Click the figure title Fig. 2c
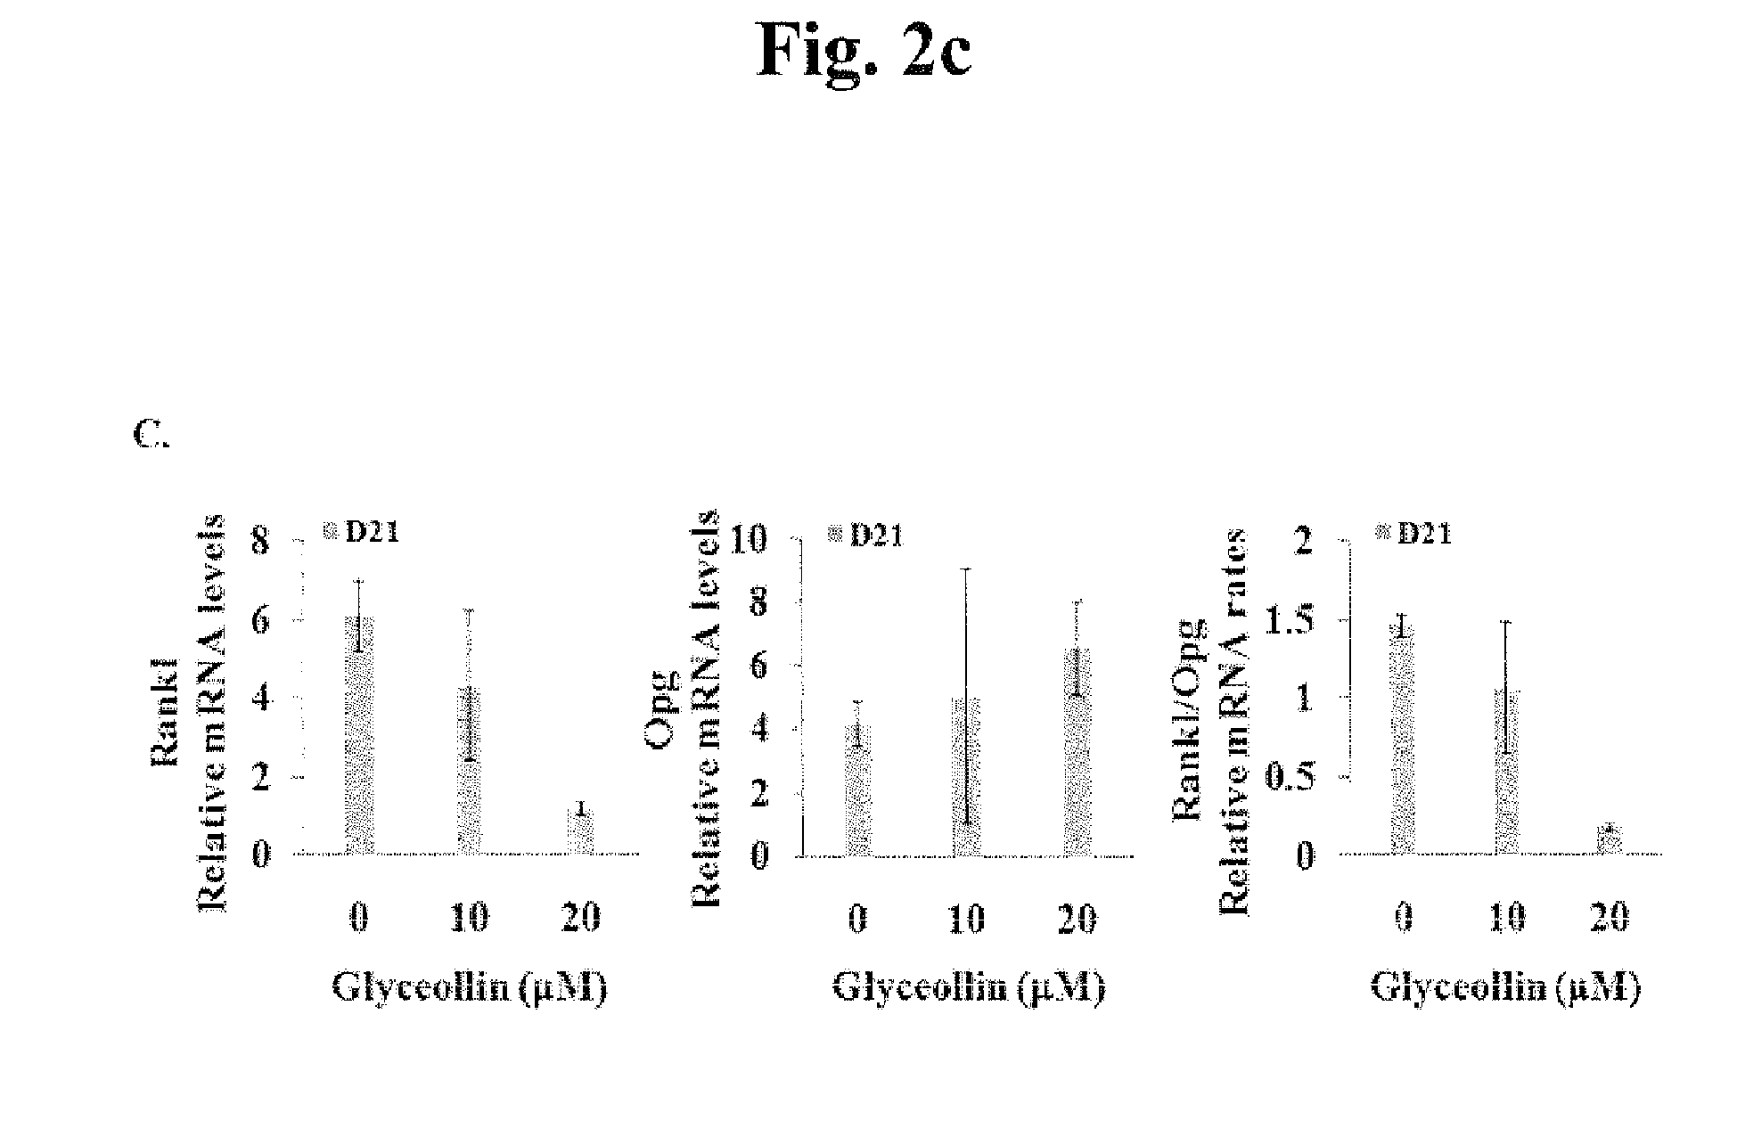[864, 51]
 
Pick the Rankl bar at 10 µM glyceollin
[469, 771]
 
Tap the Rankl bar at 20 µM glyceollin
[581, 831]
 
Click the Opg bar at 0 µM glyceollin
[858, 790]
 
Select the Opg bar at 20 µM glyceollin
[1077, 752]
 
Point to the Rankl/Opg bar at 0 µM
[1403, 740]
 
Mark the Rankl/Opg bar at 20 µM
[1610, 839]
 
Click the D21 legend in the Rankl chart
[361, 532]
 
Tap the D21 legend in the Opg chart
[865, 535]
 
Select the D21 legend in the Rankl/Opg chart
[1413, 533]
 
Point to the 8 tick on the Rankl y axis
[260, 540]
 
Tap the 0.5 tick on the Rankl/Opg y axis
[1289, 776]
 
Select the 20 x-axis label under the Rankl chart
[581, 917]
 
